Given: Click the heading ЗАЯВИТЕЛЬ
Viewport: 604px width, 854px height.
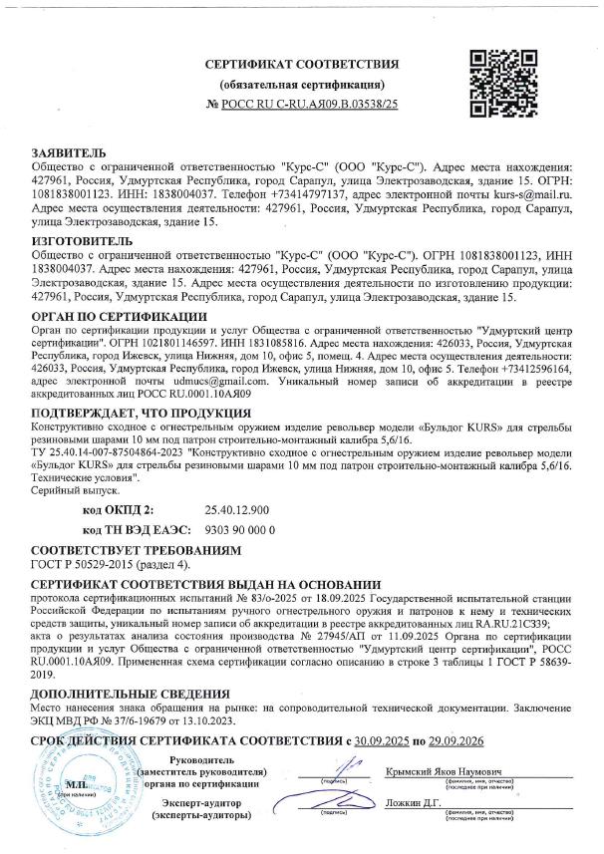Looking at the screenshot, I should point(67,151).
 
